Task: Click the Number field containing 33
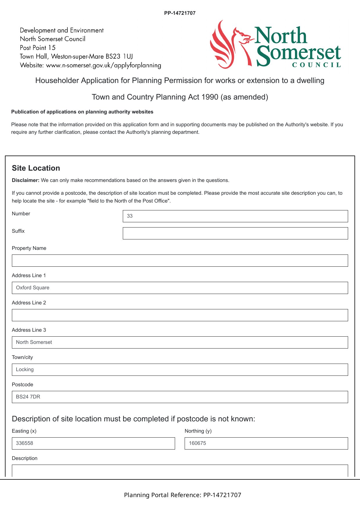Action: click(x=235, y=216)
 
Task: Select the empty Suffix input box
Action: click(x=235, y=233)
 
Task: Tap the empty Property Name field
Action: click(x=180, y=261)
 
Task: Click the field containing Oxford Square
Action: click(x=180, y=288)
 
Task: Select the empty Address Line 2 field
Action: click(x=180, y=315)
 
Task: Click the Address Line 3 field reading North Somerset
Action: click(x=180, y=342)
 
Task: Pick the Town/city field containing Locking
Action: click(x=180, y=370)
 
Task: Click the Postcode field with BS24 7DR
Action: click(x=180, y=397)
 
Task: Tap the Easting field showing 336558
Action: click(x=93, y=443)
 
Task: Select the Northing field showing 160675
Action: click(x=266, y=443)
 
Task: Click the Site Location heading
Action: click(x=36, y=168)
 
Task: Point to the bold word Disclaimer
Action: click(x=26, y=180)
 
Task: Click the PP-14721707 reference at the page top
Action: click(x=180, y=13)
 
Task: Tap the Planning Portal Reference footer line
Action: click(x=183, y=495)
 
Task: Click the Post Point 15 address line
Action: click(x=38, y=48)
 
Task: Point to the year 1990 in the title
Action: click(x=210, y=97)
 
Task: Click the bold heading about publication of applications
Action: click(x=82, y=112)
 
